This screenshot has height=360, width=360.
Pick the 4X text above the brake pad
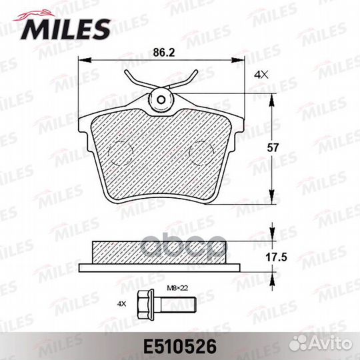261,75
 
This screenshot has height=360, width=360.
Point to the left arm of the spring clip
133,83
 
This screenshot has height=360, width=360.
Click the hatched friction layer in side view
160,252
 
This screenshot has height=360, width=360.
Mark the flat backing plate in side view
160,268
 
